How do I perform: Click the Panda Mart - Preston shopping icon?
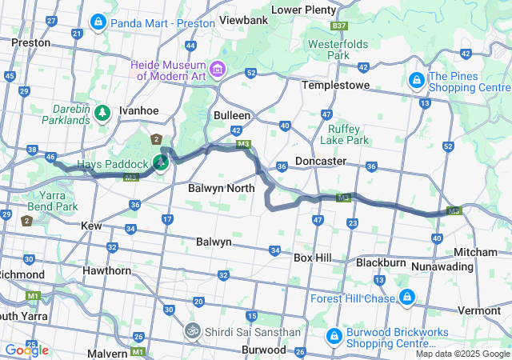pos(98,22)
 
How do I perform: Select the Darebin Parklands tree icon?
pos(103,112)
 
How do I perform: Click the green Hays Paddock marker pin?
pos(161,162)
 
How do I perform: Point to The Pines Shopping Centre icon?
pos(416,81)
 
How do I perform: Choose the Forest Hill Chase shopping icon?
pos(407,298)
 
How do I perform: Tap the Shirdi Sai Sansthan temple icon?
pos(192,330)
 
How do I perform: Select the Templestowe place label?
pos(333,84)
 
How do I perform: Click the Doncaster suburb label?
pos(321,161)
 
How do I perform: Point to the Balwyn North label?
pos(221,189)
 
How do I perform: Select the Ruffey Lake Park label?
pos(344,133)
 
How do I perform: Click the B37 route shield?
pos(339,26)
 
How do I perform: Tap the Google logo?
pos(26,350)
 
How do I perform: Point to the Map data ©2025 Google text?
pos(462,354)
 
